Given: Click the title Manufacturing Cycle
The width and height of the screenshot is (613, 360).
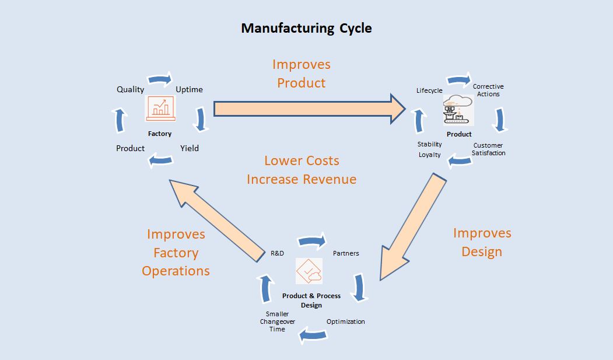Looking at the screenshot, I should (306, 28).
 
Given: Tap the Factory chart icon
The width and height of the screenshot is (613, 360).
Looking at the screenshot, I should (160, 109).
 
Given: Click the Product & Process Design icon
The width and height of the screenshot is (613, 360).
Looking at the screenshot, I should (309, 271).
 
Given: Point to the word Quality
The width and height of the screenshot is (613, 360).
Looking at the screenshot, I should (130, 89).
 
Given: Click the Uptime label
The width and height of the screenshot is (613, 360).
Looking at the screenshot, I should (189, 89).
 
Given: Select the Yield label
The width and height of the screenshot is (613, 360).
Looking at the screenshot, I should (190, 148).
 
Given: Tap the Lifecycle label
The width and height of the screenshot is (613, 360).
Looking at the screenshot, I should (429, 90).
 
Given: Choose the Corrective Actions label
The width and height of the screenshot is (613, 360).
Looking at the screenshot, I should (488, 90).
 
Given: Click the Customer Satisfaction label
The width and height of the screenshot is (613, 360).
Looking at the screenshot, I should (488, 149).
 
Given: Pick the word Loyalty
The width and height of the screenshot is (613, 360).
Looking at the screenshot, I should (430, 155).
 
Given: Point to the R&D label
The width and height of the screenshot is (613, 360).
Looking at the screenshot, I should (277, 253).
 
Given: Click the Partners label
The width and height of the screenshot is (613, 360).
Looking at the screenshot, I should (346, 253).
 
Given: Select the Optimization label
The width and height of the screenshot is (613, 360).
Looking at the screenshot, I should (346, 321).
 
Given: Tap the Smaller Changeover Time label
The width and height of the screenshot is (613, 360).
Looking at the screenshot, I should (277, 321).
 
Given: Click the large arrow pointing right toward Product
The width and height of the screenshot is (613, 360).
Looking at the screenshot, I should (309, 109).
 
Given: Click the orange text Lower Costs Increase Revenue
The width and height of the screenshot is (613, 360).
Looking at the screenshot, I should (302, 170).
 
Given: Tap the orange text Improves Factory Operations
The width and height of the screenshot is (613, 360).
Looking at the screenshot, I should (176, 253).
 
